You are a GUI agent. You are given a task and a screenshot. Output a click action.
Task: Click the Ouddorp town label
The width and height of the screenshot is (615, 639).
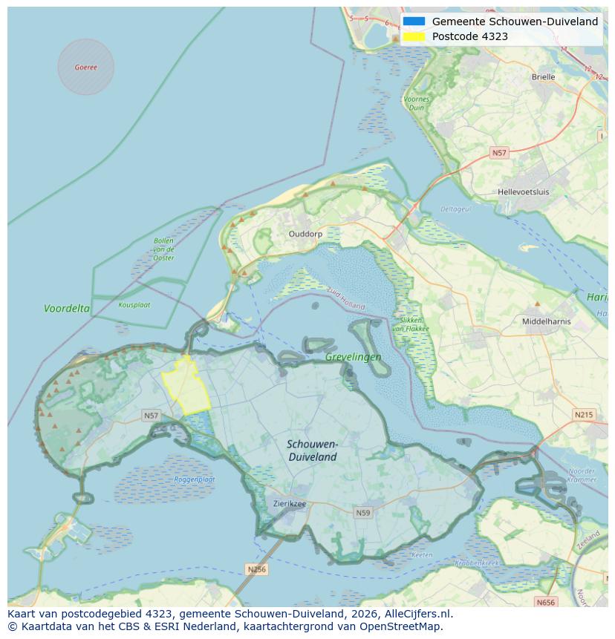coord(305,234)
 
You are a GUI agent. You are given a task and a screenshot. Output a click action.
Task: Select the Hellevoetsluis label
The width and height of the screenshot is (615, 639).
coord(524,191)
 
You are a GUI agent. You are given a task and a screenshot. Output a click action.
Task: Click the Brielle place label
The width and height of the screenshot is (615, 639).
coord(543,76)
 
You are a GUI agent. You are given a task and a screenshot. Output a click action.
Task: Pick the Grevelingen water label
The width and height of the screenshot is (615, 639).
coord(353,357)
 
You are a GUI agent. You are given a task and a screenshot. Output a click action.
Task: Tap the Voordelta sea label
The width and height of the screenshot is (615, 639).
coord(67,308)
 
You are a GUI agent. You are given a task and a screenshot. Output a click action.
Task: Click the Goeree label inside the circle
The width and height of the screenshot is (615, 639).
coord(85,67)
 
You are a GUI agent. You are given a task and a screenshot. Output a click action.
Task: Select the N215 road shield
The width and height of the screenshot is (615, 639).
coord(584,414)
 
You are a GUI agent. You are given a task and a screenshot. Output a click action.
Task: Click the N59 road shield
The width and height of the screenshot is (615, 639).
coord(362,513)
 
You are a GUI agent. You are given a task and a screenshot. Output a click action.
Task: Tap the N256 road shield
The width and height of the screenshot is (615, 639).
coord(256,569)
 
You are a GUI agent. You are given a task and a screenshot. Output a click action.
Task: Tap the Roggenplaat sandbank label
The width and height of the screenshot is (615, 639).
coord(195,479)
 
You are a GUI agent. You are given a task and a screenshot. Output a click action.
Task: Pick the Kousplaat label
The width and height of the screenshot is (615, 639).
coord(134,304)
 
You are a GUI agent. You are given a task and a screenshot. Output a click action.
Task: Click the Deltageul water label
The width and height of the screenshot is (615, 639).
coord(455,209)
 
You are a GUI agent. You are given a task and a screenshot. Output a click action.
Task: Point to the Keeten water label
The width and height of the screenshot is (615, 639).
coord(421,555)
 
